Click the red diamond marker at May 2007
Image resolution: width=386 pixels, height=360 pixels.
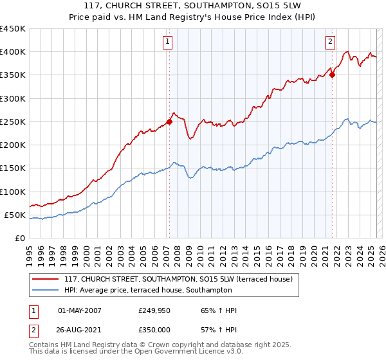click(x=169, y=122)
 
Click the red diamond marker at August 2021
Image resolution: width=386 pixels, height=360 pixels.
click(x=333, y=75)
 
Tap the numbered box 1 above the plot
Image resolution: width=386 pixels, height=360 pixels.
click(x=167, y=42)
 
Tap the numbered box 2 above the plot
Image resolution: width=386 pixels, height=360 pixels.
click(x=330, y=42)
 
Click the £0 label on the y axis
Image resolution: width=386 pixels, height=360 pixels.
click(x=19, y=239)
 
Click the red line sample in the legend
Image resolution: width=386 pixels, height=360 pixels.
click(x=46, y=279)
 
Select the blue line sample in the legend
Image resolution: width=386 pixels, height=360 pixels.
click(x=46, y=291)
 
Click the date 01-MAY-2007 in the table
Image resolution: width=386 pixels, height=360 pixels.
click(x=80, y=310)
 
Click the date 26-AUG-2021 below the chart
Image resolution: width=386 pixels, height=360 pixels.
click(x=80, y=329)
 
